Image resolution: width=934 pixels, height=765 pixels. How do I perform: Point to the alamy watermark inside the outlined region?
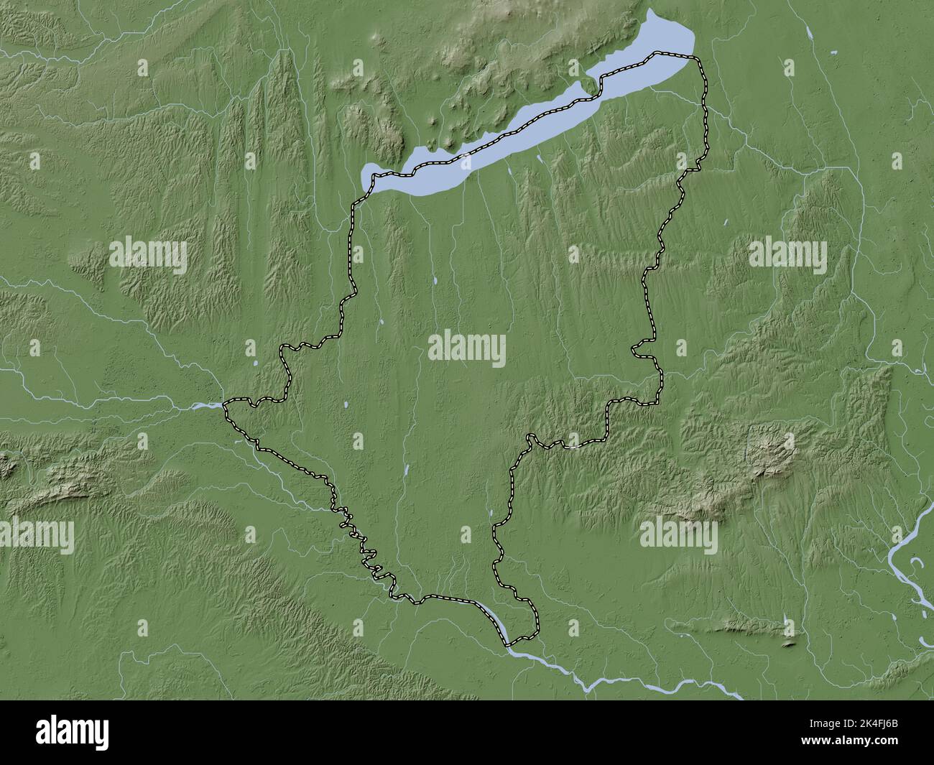click(466, 350)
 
